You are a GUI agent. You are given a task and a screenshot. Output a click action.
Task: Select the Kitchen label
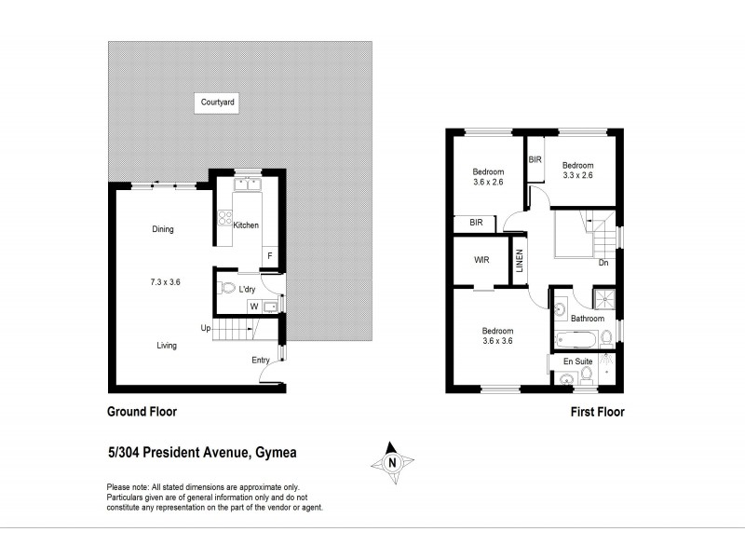click(x=246, y=225)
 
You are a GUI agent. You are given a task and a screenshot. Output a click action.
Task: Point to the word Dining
click(x=164, y=229)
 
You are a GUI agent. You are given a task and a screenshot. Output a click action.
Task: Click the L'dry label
click(x=247, y=290)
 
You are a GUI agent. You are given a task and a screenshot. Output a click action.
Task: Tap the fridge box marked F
click(x=269, y=255)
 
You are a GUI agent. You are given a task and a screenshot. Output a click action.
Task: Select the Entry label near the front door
click(x=261, y=361)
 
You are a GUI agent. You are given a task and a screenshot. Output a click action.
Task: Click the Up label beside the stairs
click(x=204, y=327)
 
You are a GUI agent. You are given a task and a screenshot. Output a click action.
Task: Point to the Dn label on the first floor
click(x=603, y=263)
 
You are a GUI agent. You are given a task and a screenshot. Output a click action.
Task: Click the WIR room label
click(x=481, y=260)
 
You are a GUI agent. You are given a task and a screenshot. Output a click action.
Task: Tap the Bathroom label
click(x=588, y=319)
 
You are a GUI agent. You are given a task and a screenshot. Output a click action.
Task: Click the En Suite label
click(x=578, y=360)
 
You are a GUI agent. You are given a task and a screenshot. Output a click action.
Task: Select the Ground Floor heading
click(x=142, y=411)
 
